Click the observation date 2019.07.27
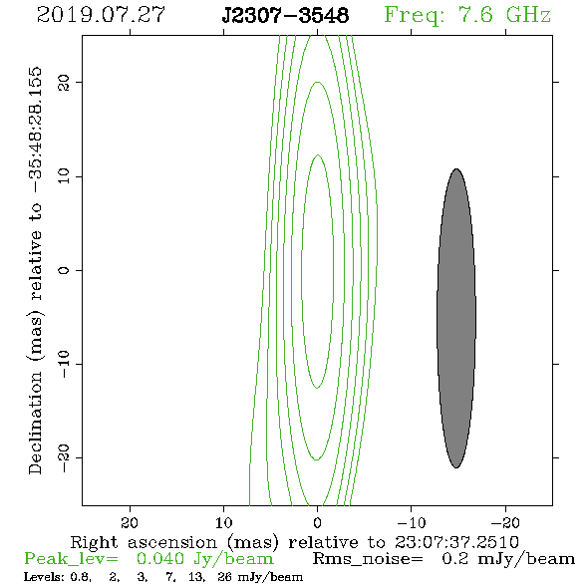point(101,15)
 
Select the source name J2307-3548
point(285,15)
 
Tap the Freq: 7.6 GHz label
point(467,16)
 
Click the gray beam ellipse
point(456,318)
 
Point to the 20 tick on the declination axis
point(64,82)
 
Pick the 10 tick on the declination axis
point(64,175)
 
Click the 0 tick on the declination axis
point(64,270)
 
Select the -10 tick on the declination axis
point(64,364)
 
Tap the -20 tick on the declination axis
point(64,458)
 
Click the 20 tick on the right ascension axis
point(130,523)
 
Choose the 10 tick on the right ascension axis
point(223,523)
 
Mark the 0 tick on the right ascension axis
point(317,523)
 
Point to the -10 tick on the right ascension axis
point(412,523)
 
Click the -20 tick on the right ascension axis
point(505,523)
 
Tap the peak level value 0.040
point(160,559)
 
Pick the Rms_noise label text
point(368,559)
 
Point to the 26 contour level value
point(224,577)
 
